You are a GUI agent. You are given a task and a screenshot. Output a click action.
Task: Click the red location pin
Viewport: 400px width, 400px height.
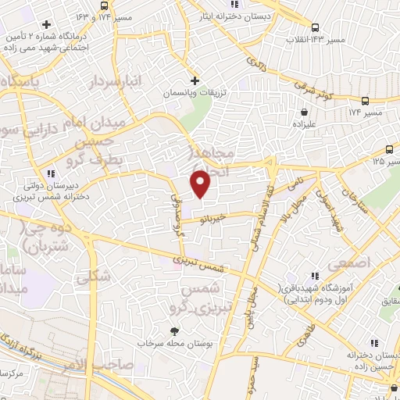click(202, 183)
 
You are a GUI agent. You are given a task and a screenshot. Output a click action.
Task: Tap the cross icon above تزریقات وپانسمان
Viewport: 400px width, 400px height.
click(195, 80)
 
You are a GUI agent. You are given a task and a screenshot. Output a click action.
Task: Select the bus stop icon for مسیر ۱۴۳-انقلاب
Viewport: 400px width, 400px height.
click(315, 27)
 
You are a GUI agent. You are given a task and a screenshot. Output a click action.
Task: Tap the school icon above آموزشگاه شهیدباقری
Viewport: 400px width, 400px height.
click(316, 276)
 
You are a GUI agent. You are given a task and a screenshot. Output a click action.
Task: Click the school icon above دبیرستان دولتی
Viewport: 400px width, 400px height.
click(51, 173)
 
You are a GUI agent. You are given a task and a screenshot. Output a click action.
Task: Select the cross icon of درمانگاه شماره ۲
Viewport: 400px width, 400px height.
click(47, 23)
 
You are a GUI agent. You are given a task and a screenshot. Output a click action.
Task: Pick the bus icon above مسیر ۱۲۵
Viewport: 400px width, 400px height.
click(390, 150)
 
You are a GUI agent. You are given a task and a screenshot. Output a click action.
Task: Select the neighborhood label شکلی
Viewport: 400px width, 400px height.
click(95, 273)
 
